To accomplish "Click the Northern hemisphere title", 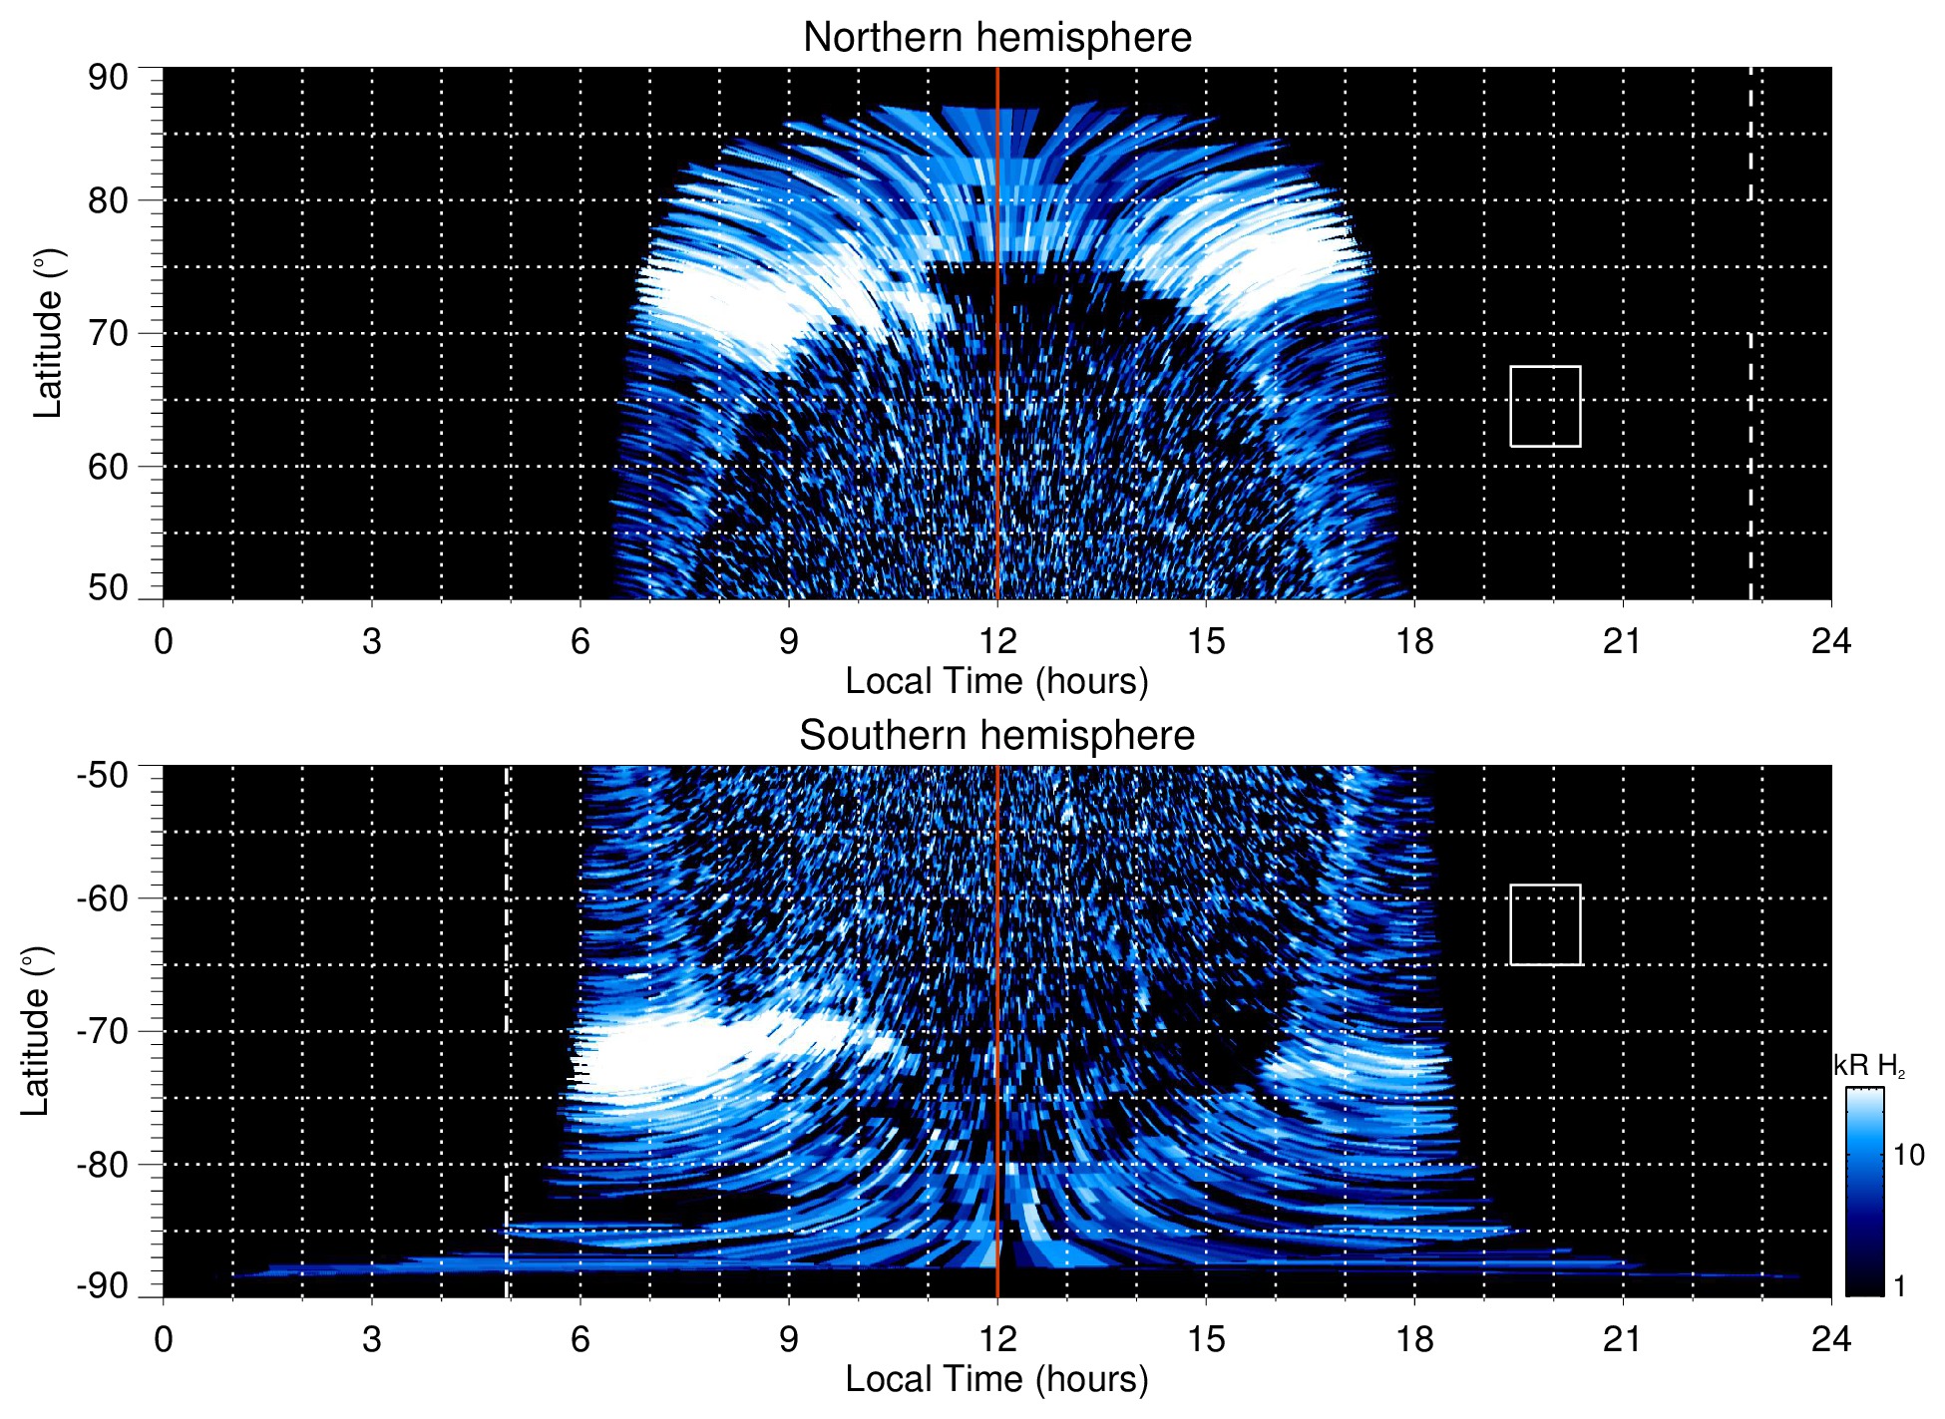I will click(x=996, y=38).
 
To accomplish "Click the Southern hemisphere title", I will click(x=996, y=736).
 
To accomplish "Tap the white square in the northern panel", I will click(x=1545, y=406).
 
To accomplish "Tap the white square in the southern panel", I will click(x=1545, y=924).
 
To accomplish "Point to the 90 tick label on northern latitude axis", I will click(x=108, y=78).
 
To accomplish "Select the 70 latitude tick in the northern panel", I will click(x=108, y=333).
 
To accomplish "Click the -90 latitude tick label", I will click(x=103, y=1285).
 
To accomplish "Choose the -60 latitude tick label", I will click(x=103, y=898).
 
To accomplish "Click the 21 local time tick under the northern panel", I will click(x=1622, y=641).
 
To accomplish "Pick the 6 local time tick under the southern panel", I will click(x=580, y=1339).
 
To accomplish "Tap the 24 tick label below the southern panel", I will click(x=1830, y=1339).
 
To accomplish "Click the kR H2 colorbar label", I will click(x=1868, y=1066).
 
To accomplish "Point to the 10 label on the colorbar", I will click(x=1908, y=1155).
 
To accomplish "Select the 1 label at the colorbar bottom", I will click(x=1899, y=1286).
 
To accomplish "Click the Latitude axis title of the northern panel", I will click(x=48, y=333).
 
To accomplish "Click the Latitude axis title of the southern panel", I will click(x=35, y=1031).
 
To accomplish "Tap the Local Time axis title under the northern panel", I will click(x=996, y=681).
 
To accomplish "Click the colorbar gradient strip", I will click(x=1864, y=1192).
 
